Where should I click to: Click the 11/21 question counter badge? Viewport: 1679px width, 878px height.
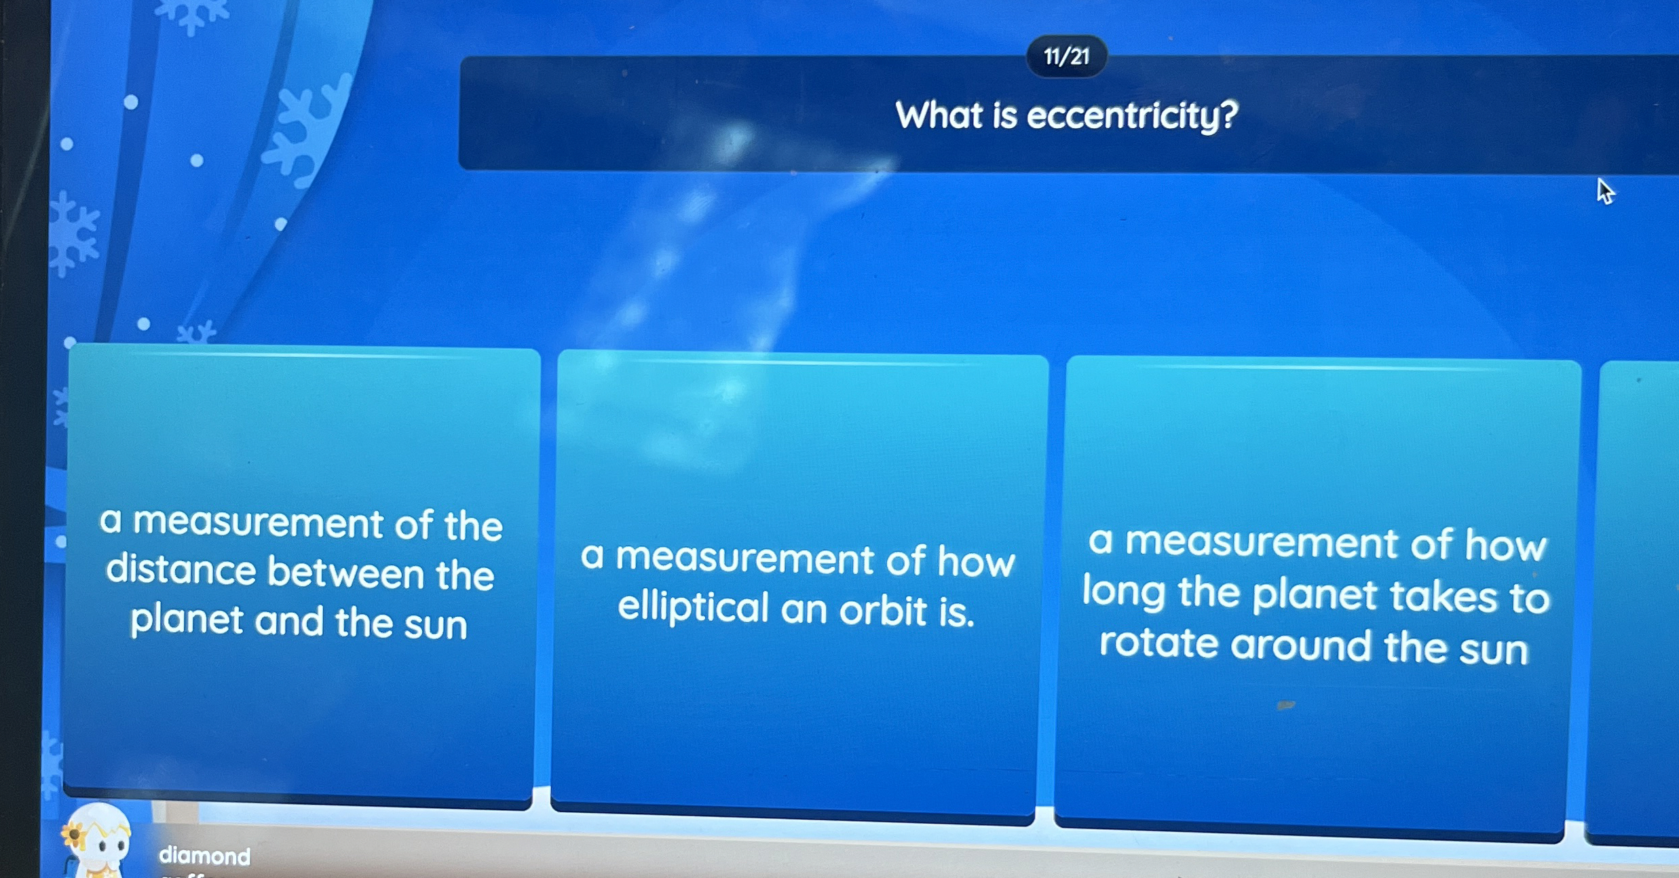[1066, 56]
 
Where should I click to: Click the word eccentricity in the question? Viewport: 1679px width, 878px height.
[1122, 116]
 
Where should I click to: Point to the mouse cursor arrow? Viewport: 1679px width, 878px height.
[1604, 191]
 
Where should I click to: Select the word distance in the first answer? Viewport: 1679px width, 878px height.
[181, 570]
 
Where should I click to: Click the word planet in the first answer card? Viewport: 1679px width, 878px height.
[187, 620]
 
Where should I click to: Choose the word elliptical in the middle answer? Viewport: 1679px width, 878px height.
[693, 607]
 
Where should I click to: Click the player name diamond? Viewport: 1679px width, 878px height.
[204, 856]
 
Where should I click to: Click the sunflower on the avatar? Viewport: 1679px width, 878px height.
[73, 835]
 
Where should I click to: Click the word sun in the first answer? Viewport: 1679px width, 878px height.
[436, 624]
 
